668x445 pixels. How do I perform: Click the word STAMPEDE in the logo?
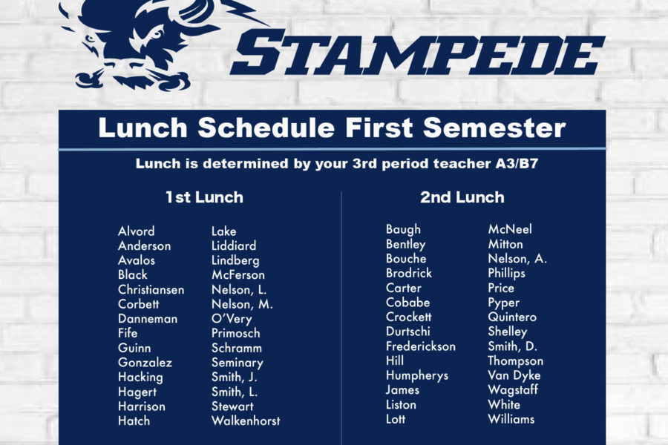pyautogui.click(x=417, y=53)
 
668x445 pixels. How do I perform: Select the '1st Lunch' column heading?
pyautogui.click(x=205, y=197)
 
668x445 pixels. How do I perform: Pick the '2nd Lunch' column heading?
pyautogui.click(x=462, y=197)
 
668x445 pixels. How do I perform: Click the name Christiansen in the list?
pyautogui.click(x=151, y=289)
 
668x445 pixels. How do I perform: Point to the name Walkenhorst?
pyautogui.click(x=246, y=421)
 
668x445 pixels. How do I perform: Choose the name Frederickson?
pyautogui.click(x=421, y=346)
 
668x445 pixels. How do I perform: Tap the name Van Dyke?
pyautogui.click(x=514, y=375)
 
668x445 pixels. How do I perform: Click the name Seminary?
pyautogui.click(x=238, y=363)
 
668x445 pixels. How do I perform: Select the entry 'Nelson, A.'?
pyautogui.click(x=517, y=259)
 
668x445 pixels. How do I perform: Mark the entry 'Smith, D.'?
pyautogui.click(x=512, y=346)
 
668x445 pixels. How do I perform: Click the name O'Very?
pyautogui.click(x=232, y=319)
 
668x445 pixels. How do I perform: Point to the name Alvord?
pyautogui.click(x=137, y=231)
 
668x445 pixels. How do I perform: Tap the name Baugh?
pyautogui.click(x=403, y=229)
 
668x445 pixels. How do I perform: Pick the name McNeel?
pyautogui.click(x=510, y=229)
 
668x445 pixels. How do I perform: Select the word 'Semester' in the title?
pyautogui.click(x=494, y=128)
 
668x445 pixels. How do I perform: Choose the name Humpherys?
pyautogui.click(x=417, y=375)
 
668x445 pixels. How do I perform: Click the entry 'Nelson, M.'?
pyautogui.click(x=242, y=305)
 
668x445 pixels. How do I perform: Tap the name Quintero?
pyautogui.click(x=512, y=317)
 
